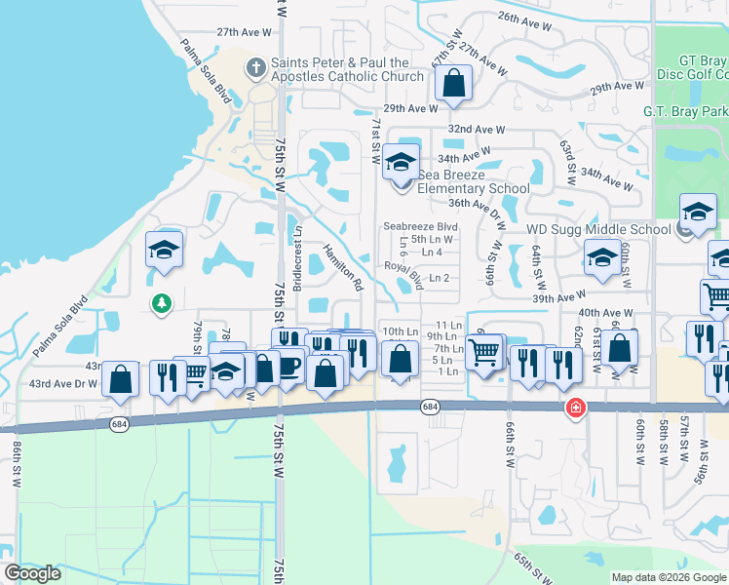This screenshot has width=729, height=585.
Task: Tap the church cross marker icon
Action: pyautogui.click(x=256, y=68)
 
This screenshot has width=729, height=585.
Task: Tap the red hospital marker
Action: pyautogui.click(x=577, y=407)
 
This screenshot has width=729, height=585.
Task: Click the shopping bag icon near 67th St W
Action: pyautogui.click(x=454, y=85)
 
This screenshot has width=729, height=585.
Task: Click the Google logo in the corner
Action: pyautogui.click(x=32, y=573)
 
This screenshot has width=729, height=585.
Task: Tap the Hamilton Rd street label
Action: pyautogui.click(x=343, y=268)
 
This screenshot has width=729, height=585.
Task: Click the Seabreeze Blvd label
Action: pyautogui.click(x=420, y=226)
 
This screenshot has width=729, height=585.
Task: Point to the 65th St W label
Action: pyautogui.click(x=534, y=563)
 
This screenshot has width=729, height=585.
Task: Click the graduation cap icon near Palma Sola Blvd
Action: pyautogui.click(x=165, y=251)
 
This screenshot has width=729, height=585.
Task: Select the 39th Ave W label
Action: pyautogui.click(x=559, y=294)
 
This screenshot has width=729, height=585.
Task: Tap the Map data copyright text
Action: pyautogui.click(x=669, y=577)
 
